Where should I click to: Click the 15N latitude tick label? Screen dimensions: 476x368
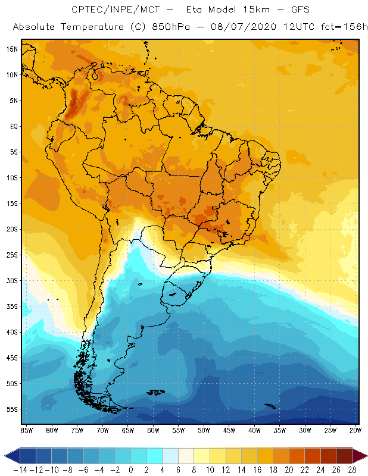(x=12, y=49)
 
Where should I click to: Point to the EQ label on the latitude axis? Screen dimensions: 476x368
(x=13, y=126)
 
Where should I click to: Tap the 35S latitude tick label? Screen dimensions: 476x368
(x=12, y=306)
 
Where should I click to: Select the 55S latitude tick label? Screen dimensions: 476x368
(x=12, y=409)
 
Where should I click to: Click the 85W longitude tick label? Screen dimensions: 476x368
(x=26, y=430)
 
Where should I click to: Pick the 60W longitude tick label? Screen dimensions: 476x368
(x=154, y=430)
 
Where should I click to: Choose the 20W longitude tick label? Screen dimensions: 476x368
(x=355, y=430)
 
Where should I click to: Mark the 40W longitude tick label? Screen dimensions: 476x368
(x=254, y=430)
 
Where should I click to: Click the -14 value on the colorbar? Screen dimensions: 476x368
(x=19, y=469)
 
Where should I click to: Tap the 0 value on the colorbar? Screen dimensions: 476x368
(x=130, y=469)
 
